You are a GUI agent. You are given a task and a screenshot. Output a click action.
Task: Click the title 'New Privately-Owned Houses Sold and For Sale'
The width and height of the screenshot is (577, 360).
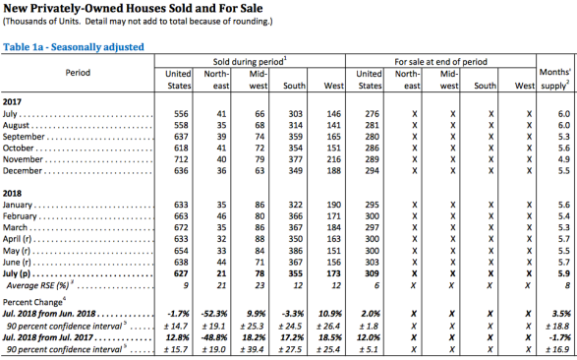click(x=133, y=8)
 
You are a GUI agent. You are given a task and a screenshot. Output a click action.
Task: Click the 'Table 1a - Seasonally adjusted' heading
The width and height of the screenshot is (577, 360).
click(x=73, y=47)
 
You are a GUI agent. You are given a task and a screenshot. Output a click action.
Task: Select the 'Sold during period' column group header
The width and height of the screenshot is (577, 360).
click(x=250, y=61)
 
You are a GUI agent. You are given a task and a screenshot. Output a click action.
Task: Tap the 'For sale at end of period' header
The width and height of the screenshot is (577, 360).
click(x=440, y=61)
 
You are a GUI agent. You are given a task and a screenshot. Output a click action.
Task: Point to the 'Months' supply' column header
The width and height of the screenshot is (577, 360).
click(x=555, y=79)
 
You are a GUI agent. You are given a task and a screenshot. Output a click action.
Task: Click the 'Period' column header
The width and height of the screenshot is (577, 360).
click(x=78, y=73)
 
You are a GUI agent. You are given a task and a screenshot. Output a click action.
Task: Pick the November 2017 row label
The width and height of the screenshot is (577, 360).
click(x=23, y=159)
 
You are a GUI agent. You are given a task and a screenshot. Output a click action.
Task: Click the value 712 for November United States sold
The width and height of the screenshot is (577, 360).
click(x=181, y=159)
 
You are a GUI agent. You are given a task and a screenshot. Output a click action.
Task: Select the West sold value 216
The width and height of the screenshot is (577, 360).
click(x=334, y=159)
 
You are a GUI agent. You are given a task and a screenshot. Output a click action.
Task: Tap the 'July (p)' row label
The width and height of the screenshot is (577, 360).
click(x=16, y=273)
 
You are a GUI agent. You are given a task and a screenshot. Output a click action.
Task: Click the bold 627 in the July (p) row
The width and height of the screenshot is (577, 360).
click(x=181, y=273)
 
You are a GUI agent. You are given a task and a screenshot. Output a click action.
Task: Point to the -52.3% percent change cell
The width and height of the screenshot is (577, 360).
click(x=214, y=314)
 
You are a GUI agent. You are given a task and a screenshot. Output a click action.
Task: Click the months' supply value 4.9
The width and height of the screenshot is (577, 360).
click(x=564, y=159)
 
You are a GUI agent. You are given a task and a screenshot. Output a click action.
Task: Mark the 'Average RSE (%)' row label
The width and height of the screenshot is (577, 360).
click(x=37, y=285)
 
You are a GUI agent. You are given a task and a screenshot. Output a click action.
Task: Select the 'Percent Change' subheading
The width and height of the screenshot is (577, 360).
click(x=32, y=302)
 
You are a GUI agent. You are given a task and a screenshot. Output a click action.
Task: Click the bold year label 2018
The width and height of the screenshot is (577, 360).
click(x=12, y=193)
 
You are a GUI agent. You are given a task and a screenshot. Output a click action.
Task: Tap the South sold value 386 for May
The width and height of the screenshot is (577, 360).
click(x=296, y=251)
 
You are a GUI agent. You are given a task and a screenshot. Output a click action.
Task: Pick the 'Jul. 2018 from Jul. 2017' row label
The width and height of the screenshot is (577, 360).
click(x=48, y=337)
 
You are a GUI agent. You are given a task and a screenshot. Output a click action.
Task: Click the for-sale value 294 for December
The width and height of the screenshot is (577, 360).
click(x=372, y=171)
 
